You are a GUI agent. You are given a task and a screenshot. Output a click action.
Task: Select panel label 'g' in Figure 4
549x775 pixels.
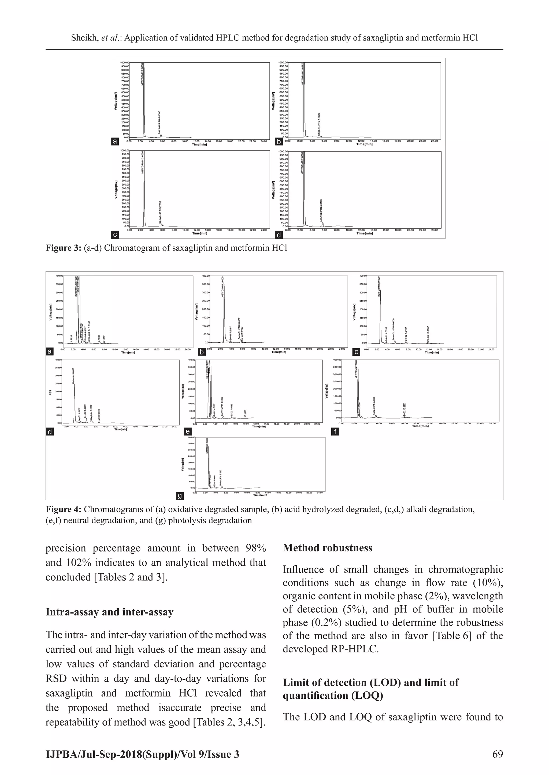tap(180, 496)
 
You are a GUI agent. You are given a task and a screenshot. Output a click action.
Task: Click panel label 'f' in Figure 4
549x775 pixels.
tap(335, 431)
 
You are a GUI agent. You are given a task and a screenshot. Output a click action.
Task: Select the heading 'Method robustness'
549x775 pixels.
tap(327, 547)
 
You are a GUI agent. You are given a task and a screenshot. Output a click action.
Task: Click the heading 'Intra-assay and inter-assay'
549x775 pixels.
tap(110, 612)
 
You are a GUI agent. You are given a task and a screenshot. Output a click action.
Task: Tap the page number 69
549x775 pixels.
tap(498, 754)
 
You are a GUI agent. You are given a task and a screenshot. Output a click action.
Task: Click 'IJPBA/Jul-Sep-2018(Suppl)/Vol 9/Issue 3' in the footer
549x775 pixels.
tap(142, 754)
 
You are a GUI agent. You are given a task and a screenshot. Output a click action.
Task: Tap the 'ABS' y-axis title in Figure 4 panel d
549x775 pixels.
tap(51, 392)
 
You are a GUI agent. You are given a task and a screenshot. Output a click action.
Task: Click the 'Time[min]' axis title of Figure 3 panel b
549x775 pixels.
tap(364, 145)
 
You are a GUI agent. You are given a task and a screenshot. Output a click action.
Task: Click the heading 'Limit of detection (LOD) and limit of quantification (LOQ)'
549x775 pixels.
tap(370, 689)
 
